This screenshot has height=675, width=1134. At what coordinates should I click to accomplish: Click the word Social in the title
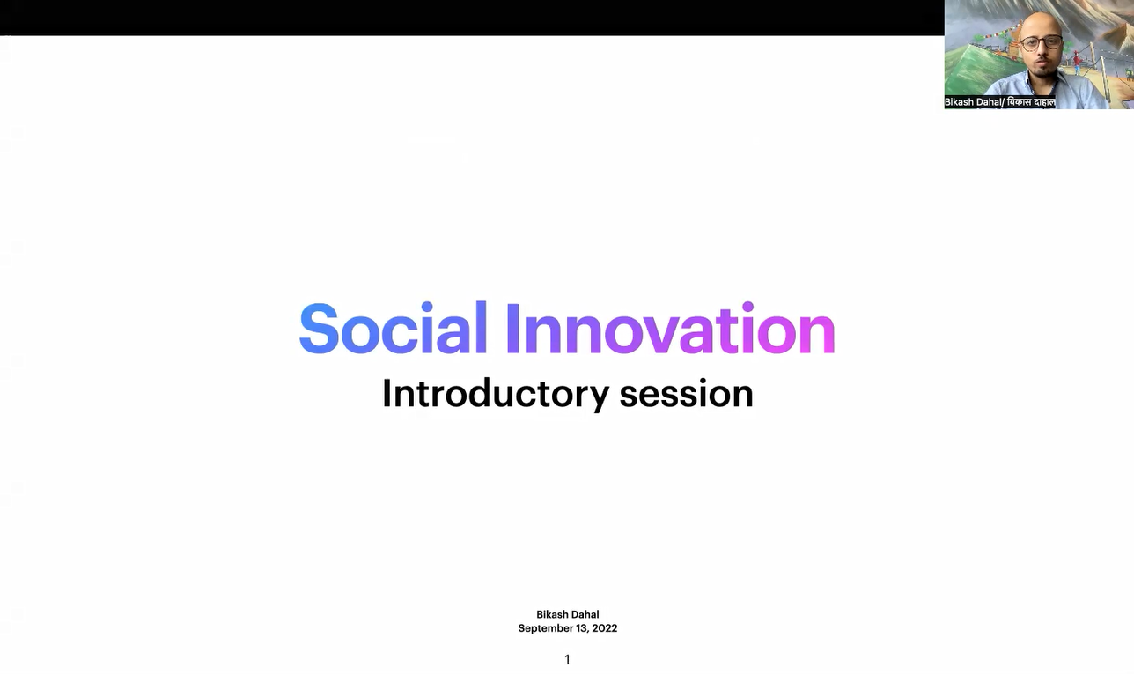(x=394, y=327)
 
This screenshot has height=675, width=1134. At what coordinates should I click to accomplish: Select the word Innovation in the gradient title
(x=671, y=329)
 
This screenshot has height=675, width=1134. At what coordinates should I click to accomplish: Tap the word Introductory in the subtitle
(x=496, y=394)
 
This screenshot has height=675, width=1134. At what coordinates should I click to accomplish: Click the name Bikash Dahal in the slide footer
(x=568, y=614)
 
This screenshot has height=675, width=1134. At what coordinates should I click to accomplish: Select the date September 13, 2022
(x=568, y=628)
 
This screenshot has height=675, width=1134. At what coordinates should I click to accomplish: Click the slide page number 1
(x=567, y=659)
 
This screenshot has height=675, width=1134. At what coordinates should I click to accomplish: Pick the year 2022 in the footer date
(x=605, y=628)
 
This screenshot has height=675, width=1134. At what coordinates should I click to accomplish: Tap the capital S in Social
(x=319, y=329)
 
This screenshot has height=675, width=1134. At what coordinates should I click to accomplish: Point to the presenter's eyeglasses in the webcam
(x=1041, y=43)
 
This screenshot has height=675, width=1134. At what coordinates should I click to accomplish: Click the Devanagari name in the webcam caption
(x=1031, y=102)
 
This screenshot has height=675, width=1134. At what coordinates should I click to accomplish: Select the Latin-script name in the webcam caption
(x=973, y=102)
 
